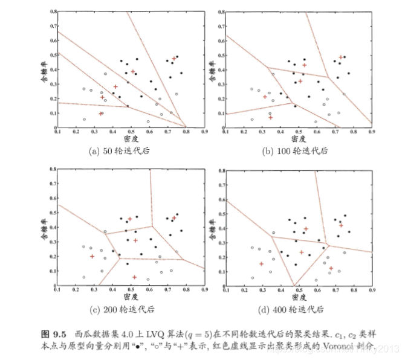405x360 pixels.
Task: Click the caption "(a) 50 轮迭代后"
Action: point(132,150)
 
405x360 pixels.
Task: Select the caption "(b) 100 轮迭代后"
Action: point(300,150)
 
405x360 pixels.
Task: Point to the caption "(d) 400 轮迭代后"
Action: point(300,309)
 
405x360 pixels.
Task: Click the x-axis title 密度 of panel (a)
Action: point(132,138)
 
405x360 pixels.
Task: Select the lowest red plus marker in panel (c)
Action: point(134,277)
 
